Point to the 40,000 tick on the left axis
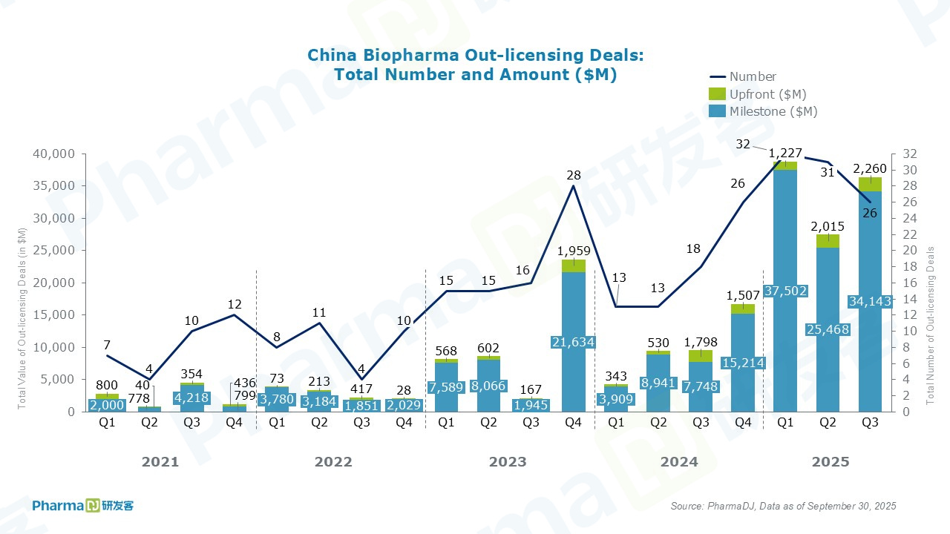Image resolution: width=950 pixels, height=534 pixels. click(54, 154)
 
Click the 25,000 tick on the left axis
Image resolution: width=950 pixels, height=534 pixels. click(54, 251)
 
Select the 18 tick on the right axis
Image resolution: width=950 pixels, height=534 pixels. click(910, 267)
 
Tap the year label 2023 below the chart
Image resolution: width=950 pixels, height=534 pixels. click(508, 462)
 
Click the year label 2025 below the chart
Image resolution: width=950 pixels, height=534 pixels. click(831, 462)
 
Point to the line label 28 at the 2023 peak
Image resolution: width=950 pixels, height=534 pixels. click(574, 175)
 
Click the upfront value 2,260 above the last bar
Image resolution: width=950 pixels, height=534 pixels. click(871, 167)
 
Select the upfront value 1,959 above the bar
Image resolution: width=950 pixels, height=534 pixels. click(573, 251)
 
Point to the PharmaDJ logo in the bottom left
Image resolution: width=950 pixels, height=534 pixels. click(83, 505)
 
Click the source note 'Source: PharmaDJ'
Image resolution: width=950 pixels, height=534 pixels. click(783, 506)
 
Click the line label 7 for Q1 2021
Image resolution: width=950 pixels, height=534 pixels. click(107, 346)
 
